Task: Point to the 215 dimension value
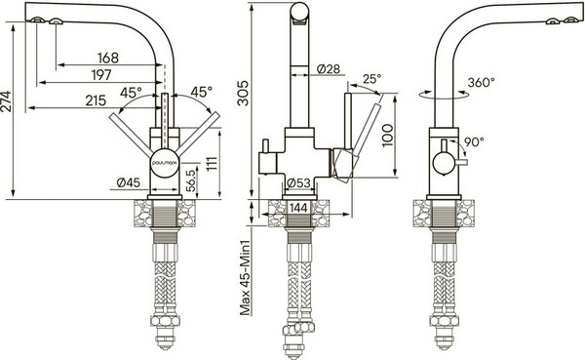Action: tap(96, 100)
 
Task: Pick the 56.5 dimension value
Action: tap(191, 180)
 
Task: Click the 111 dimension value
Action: tap(212, 161)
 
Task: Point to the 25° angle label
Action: tap(371, 79)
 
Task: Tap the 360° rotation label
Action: tap(480, 84)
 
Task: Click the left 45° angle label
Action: tap(132, 93)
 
